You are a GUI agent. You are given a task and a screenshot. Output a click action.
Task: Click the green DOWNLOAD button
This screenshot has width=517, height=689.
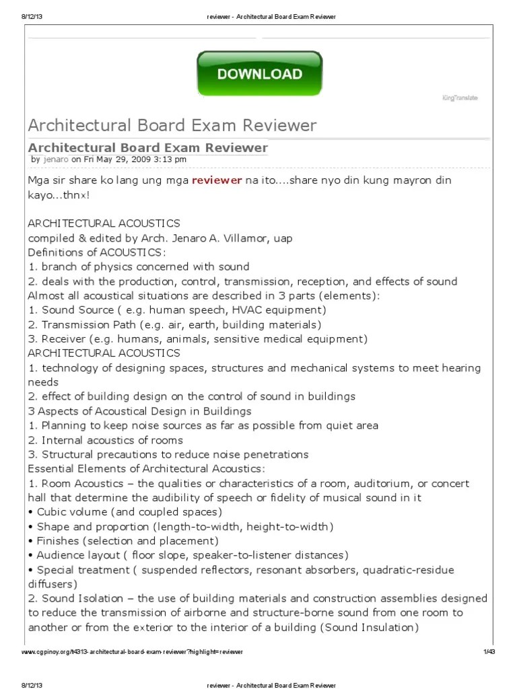point(260,75)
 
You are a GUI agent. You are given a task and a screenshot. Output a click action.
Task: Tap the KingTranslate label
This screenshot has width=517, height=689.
point(460,98)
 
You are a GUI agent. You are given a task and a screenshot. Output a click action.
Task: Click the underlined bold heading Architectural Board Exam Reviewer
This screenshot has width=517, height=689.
point(147,147)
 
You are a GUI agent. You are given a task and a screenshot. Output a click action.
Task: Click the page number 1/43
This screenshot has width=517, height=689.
point(489,652)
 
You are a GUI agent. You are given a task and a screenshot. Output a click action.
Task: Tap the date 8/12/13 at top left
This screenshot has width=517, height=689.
point(31,15)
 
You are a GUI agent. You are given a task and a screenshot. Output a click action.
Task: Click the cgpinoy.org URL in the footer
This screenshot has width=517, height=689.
point(132,652)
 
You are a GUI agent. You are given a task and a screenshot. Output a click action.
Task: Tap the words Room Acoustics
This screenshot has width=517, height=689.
point(83,483)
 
